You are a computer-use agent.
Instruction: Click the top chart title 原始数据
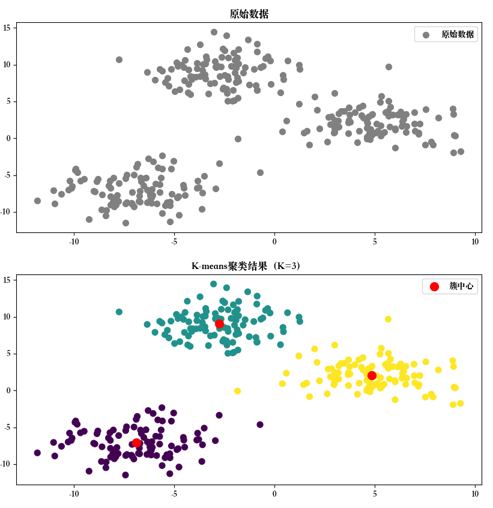pyautogui.click(x=249, y=14)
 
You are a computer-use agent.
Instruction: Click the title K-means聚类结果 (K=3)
pyautogui.click(x=249, y=266)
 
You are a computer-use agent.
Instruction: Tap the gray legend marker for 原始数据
pyautogui.click(x=426, y=35)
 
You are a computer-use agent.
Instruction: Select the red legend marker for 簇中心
pyautogui.click(x=434, y=287)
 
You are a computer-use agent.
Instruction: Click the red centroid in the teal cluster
pyautogui.click(x=219, y=324)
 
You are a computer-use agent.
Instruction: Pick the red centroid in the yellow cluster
pyautogui.click(x=372, y=376)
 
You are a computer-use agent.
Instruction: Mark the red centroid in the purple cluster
pyautogui.click(x=136, y=443)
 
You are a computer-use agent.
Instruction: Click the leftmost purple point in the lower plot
pyautogui.click(x=37, y=453)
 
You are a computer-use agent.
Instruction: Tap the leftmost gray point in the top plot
pyautogui.click(x=37, y=201)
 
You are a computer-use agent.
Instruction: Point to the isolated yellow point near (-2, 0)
pyautogui.click(x=238, y=391)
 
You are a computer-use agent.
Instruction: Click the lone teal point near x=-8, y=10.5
pyautogui.click(x=119, y=312)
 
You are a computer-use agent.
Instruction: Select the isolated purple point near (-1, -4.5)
pyautogui.click(x=260, y=425)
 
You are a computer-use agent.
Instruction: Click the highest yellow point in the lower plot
pyautogui.click(x=389, y=319)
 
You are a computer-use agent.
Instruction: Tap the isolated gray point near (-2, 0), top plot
pyautogui.click(x=238, y=139)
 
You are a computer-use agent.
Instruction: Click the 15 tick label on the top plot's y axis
pyautogui.click(x=8, y=28)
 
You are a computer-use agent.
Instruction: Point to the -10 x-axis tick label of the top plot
pyautogui.click(x=74, y=241)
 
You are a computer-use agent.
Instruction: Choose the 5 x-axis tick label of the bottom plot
pyautogui.click(x=375, y=494)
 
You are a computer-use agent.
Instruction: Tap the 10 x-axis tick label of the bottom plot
pyautogui.click(x=475, y=494)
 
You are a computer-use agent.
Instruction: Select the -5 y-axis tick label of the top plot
pyautogui.click(x=8, y=175)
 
